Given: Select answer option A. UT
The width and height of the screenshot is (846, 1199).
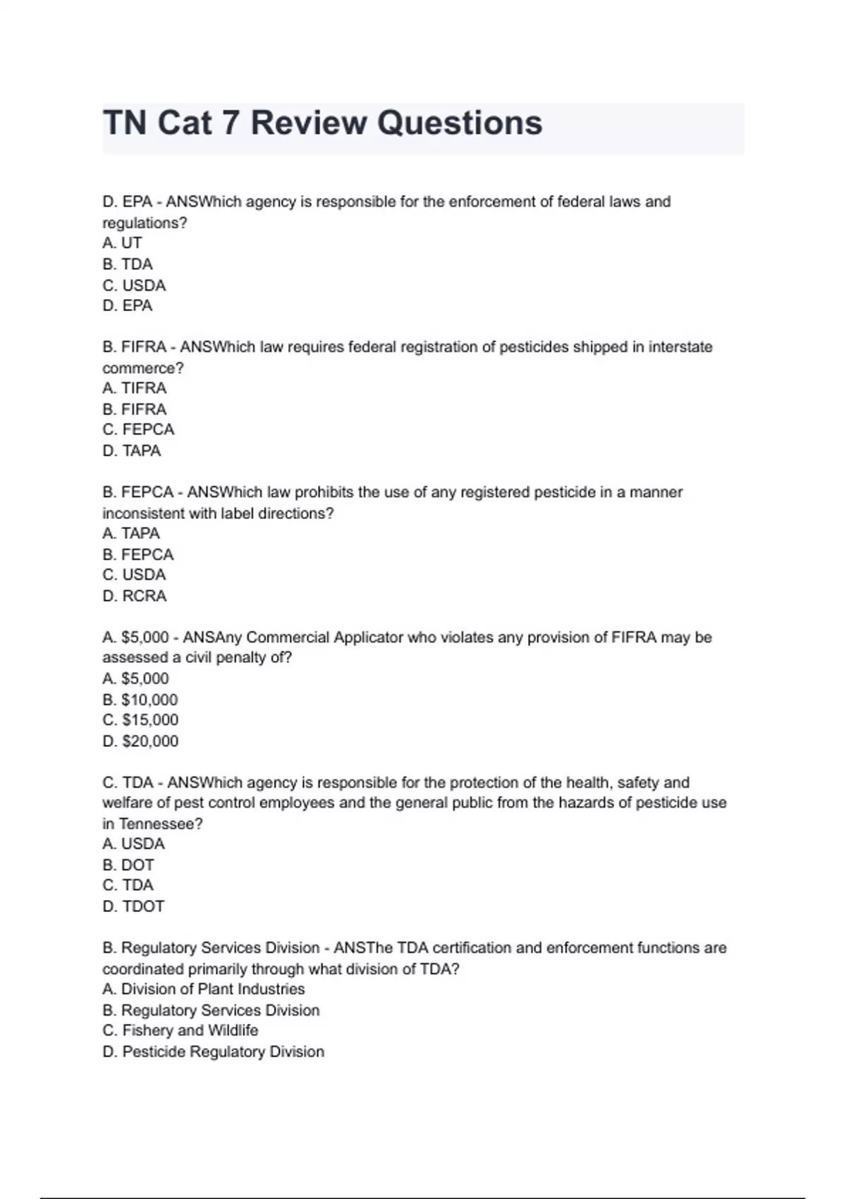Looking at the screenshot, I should pos(122,243).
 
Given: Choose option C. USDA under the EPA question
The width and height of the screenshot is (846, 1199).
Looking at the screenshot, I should pos(134,286).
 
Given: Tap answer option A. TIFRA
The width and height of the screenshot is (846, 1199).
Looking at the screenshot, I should pos(134,389).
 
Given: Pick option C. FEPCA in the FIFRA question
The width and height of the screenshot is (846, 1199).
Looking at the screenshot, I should pos(138,430).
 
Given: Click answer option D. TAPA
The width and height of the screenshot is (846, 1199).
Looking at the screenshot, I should pos(132,451).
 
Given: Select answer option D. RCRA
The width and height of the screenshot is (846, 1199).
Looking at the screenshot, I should pos(134,596).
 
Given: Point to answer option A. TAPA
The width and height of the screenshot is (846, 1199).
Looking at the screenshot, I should pos(131,533).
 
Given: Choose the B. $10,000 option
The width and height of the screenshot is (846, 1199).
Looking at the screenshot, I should pos(140,700).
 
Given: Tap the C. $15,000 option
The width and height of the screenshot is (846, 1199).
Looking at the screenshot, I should pos(140,720).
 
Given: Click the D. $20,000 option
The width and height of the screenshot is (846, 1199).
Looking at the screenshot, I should pos(140,741).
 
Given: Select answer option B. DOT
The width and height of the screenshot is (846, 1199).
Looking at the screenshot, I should pos(128,865).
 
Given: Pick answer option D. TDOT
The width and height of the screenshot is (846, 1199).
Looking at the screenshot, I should pos(133,906).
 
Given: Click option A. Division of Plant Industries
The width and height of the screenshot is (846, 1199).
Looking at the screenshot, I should pos(204,989).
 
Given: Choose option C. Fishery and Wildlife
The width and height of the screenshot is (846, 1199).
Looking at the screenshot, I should pos(180,1030).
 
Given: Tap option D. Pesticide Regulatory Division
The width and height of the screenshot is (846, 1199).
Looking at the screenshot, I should pos(214,1052).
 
